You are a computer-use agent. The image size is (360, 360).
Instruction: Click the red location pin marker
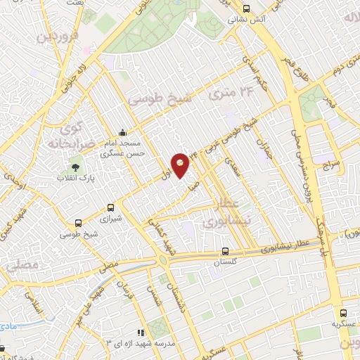point(180,165)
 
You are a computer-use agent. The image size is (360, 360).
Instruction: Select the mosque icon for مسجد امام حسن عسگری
point(124,131)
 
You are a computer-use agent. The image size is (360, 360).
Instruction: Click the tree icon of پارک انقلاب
point(75,167)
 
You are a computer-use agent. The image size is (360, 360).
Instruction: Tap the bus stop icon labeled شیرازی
point(110,207)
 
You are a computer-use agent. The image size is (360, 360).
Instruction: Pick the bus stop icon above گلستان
point(225,250)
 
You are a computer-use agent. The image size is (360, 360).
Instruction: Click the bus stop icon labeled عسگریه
point(344,313)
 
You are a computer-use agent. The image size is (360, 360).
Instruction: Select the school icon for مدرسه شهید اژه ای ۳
point(140,332)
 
